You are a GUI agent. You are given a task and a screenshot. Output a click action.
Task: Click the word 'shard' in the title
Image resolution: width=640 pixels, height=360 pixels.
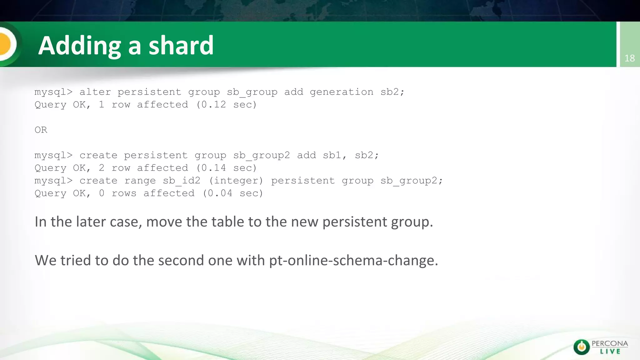pos(181,45)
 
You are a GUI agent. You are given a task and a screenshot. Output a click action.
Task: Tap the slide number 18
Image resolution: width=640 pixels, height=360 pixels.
pos(629,58)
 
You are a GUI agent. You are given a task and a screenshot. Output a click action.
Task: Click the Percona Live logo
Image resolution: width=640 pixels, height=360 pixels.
pos(601,347)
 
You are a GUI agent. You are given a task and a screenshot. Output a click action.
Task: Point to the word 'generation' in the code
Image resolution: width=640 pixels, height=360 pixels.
pos(342,92)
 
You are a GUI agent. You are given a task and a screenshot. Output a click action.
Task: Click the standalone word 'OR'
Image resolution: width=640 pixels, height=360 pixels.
pos(41,130)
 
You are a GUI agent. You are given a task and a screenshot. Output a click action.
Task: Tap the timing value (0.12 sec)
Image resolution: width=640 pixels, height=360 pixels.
pos(227,105)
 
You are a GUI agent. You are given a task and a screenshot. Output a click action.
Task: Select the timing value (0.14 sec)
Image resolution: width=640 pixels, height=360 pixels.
pos(227,168)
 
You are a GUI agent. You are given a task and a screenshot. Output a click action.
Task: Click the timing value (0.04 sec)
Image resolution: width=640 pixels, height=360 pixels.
pos(233,193)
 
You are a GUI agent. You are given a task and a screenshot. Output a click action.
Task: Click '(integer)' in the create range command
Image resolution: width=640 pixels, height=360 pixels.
pos(236,181)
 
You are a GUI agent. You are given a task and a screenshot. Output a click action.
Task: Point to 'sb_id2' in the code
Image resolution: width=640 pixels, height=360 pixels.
pos(182,181)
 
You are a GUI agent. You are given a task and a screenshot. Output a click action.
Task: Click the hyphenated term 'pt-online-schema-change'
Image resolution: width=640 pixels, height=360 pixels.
pos(353,260)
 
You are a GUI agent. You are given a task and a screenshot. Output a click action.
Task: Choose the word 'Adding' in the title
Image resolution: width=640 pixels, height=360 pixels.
pos(79,46)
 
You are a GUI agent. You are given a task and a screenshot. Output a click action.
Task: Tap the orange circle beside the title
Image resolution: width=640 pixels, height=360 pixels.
pos(6,44)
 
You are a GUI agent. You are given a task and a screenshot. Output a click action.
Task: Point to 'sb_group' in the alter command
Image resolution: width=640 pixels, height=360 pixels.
pos(252,92)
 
